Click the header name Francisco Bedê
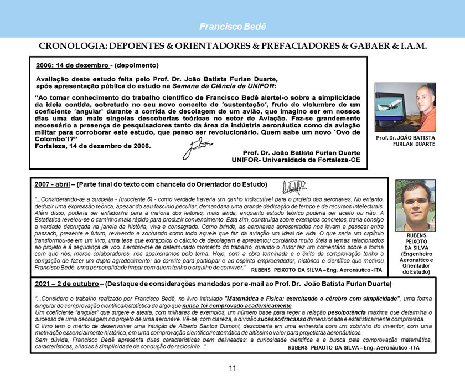click(232, 27)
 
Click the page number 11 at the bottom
click(232, 368)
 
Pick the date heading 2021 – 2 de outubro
click(66, 284)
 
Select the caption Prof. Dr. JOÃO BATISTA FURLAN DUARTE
click(406, 140)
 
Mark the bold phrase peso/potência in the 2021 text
click(347, 314)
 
